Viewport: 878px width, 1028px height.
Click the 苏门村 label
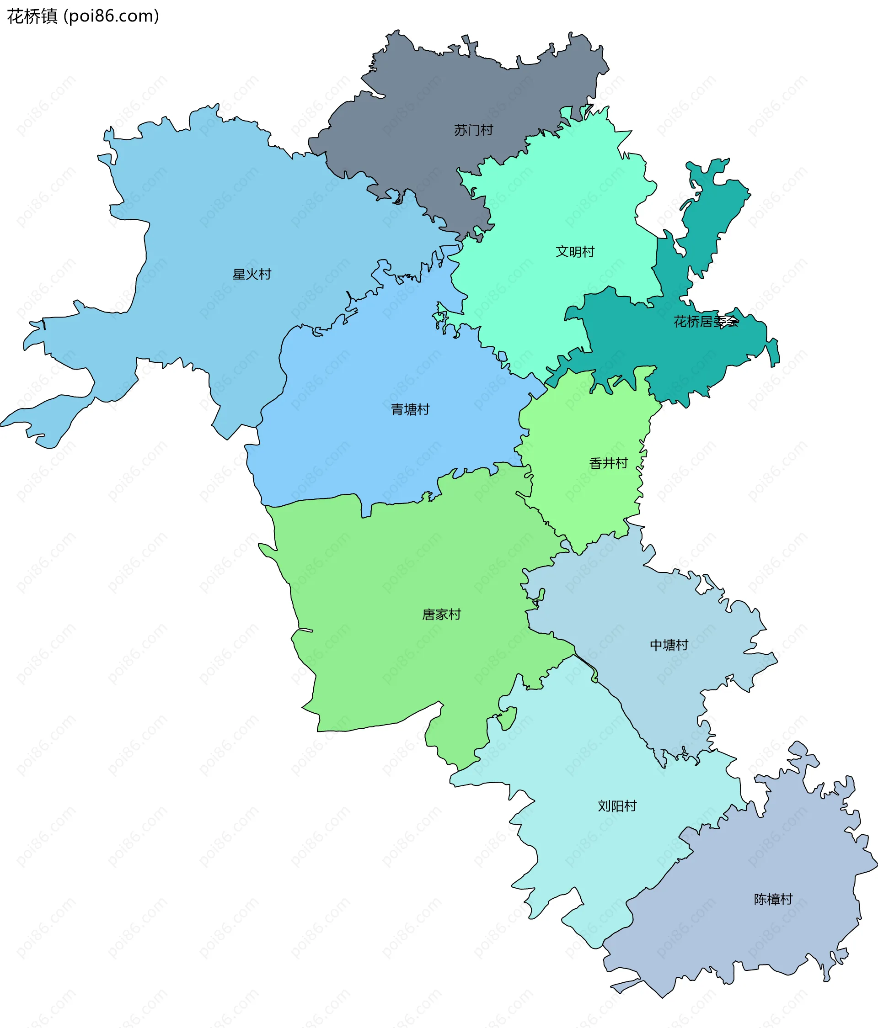pos(473,130)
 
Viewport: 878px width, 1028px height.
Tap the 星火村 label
pos(252,275)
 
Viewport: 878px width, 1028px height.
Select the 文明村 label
pos(575,252)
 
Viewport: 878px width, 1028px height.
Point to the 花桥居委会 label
pos(706,322)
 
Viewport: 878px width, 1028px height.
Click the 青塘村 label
pos(410,409)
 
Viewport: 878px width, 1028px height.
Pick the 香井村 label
pos(608,463)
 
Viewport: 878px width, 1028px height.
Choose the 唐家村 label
pos(441,614)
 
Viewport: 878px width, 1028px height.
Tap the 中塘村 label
pos(669,645)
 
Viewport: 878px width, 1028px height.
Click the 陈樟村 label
pos(773,899)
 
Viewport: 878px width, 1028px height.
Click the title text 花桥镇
pos(32,16)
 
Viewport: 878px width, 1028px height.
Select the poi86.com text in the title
pos(114,16)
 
